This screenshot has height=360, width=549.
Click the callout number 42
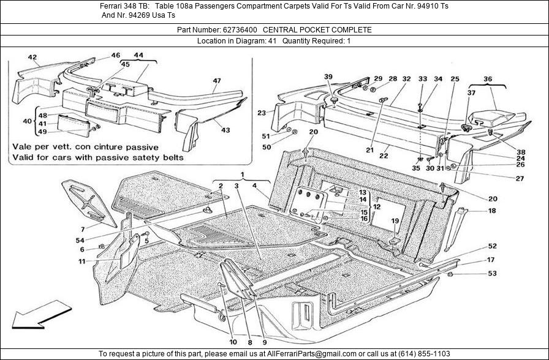(x=32, y=58)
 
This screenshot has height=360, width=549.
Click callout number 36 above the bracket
(x=488, y=79)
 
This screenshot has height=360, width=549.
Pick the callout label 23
(x=262, y=113)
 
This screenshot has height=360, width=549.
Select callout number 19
(x=395, y=221)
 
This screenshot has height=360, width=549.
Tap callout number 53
(x=492, y=273)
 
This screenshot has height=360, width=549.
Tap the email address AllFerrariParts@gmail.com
(x=309, y=354)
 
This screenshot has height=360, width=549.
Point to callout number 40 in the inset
(x=26, y=122)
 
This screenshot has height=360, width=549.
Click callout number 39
(x=328, y=77)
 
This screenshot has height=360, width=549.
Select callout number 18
(x=492, y=211)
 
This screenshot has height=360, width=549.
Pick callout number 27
(x=502, y=179)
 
